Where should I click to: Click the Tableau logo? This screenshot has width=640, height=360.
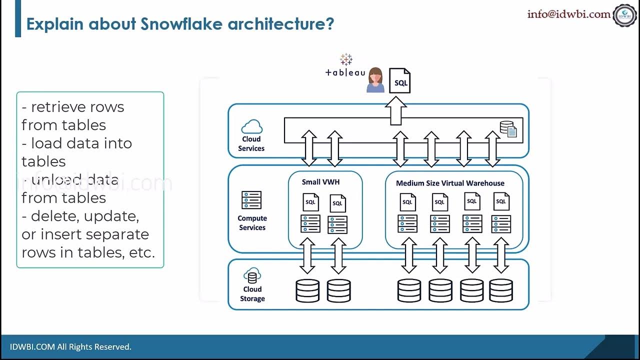click(x=345, y=67)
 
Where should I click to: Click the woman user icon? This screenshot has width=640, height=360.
click(x=375, y=80)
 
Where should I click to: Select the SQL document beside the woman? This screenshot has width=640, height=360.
click(x=400, y=81)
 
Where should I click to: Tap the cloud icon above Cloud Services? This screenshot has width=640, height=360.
click(x=251, y=126)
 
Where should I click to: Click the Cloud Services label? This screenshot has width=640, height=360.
click(x=251, y=143)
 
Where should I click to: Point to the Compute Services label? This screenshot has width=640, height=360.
click(x=252, y=223)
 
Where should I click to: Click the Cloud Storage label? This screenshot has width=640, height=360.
click(x=252, y=294)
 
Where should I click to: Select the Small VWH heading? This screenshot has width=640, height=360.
click(x=320, y=182)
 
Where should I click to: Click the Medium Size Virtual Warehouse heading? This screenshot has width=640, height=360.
click(x=450, y=183)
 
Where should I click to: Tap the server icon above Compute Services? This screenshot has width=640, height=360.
click(x=251, y=200)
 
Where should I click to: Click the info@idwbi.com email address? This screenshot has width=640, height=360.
click(x=569, y=14)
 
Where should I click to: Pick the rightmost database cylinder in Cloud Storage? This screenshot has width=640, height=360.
click(x=501, y=290)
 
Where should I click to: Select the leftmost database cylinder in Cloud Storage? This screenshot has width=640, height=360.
click(x=307, y=290)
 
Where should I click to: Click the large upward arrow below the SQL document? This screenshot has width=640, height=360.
click(x=396, y=110)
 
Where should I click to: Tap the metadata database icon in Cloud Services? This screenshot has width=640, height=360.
click(x=509, y=129)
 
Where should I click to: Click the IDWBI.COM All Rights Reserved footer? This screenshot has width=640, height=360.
click(x=70, y=346)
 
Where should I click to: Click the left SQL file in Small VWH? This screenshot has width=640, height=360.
click(x=311, y=202)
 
